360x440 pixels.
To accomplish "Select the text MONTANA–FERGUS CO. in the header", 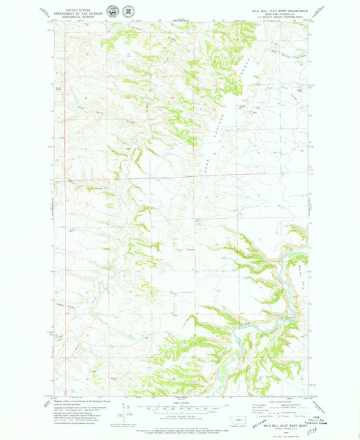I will pyautogui.click(x=282, y=16).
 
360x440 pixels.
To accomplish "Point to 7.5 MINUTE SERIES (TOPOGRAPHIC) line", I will pyautogui.click(x=282, y=20).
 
